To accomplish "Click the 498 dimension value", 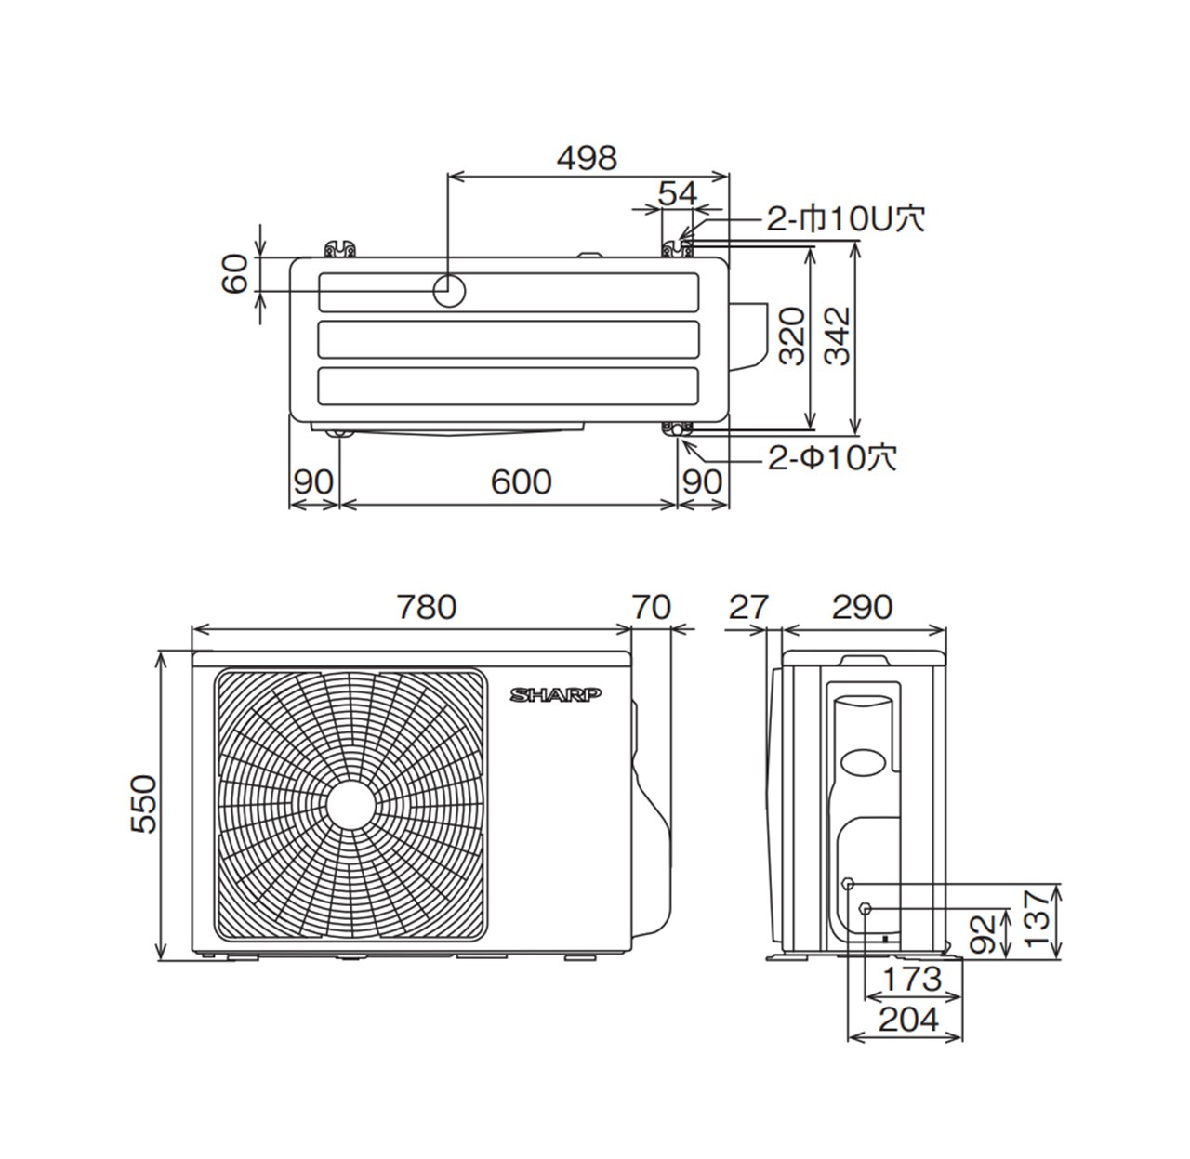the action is tap(587, 159).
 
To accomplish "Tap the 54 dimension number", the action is tap(677, 193).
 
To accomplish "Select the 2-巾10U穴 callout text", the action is tap(845, 218).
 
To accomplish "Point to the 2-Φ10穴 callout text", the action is tap(832, 458).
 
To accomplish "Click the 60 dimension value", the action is tap(235, 274).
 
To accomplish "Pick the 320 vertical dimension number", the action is tap(792, 336).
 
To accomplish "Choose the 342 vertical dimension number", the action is tap(837, 336).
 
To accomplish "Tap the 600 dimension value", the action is tap(521, 481).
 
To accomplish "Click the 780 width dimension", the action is tap(427, 607).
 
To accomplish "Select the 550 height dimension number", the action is tap(144, 804).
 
